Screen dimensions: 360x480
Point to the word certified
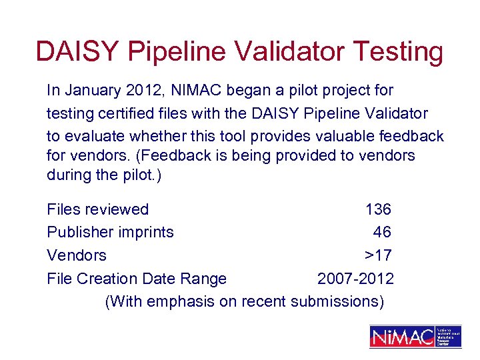121,113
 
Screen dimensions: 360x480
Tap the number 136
378,209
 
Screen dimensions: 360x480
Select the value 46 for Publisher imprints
382,232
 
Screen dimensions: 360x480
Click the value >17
377,255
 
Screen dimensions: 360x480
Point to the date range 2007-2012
355,278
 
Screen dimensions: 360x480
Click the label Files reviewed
97,209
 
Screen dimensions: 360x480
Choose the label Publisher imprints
110,232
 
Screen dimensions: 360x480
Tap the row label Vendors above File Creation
77,255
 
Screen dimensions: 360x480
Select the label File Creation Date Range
137,278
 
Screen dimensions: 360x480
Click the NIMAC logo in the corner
415,337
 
